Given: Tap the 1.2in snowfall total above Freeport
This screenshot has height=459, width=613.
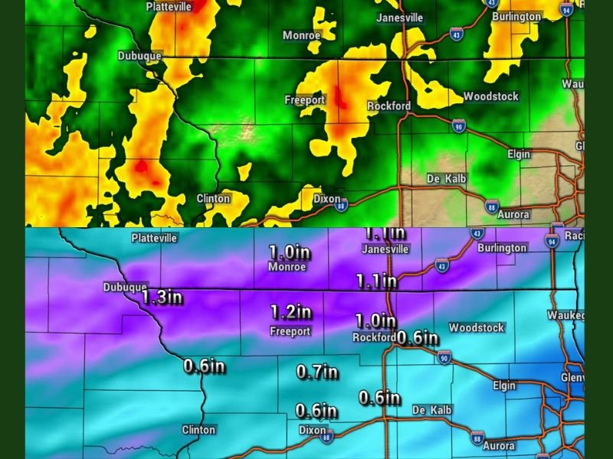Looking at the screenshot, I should click(291, 312).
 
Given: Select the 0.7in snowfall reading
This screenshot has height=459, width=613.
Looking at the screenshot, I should click(317, 373).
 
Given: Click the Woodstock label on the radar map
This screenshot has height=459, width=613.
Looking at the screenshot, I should click(490, 96).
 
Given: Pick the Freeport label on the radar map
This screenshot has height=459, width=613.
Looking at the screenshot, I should click(305, 100).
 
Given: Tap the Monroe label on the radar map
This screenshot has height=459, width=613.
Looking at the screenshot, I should click(302, 35).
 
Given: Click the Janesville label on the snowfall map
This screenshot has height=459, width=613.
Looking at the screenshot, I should click(385, 249).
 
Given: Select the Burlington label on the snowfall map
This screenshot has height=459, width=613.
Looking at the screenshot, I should click(502, 248).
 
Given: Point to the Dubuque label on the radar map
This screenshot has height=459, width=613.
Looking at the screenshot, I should click(139, 56).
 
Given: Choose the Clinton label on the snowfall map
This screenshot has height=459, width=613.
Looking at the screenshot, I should click(198, 430).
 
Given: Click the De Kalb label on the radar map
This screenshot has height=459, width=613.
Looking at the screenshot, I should click(447, 179).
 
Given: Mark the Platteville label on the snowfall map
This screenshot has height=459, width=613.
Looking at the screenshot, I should click(154, 238).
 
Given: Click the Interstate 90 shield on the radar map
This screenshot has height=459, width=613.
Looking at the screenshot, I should click(457, 125).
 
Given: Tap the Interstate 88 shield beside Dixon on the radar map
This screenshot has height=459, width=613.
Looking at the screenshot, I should click(342, 204).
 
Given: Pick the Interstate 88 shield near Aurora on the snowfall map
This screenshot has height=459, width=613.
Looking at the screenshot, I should click(477, 438).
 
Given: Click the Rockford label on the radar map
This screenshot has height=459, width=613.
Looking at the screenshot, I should click(388, 106).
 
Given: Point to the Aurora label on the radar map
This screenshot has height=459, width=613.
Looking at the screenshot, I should click(513, 215).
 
